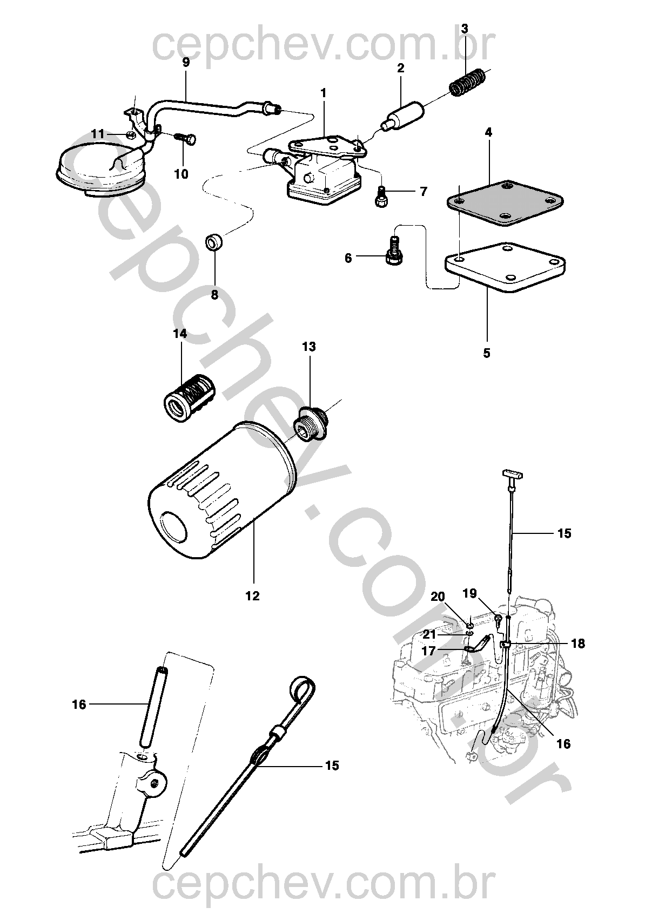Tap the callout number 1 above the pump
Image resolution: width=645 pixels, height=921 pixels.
[324, 93]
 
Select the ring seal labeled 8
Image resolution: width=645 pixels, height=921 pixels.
[215, 242]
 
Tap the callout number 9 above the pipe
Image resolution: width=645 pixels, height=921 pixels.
[186, 62]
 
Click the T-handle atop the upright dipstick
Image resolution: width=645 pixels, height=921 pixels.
[513, 475]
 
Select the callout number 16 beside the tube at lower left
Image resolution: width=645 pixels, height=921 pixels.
[79, 705]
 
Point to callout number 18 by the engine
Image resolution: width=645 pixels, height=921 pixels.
[577, 644]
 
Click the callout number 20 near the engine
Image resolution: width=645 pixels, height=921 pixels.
[438, 597]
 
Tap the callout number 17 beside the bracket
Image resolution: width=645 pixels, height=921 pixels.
[428, 652]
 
